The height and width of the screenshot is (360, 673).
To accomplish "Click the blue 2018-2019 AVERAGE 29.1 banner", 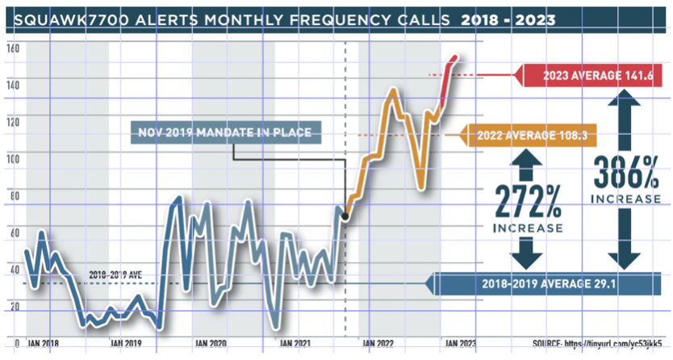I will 550,284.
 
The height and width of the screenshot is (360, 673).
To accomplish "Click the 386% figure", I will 625,172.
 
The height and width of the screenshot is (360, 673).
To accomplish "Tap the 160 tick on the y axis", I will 12,48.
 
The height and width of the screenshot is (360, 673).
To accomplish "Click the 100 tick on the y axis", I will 12,158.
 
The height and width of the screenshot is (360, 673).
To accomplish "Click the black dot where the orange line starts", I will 345,217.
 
